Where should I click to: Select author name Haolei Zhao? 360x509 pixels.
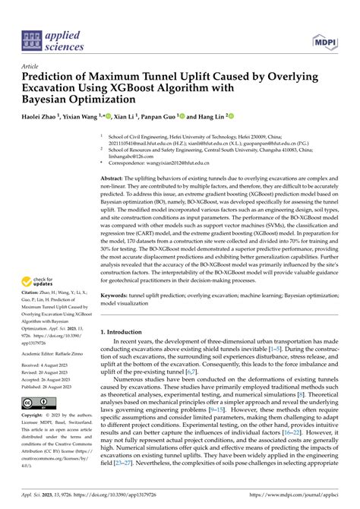point(40,118)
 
